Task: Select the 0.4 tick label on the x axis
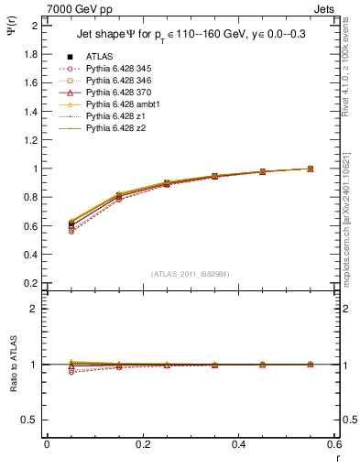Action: click(x=238, y=444)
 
